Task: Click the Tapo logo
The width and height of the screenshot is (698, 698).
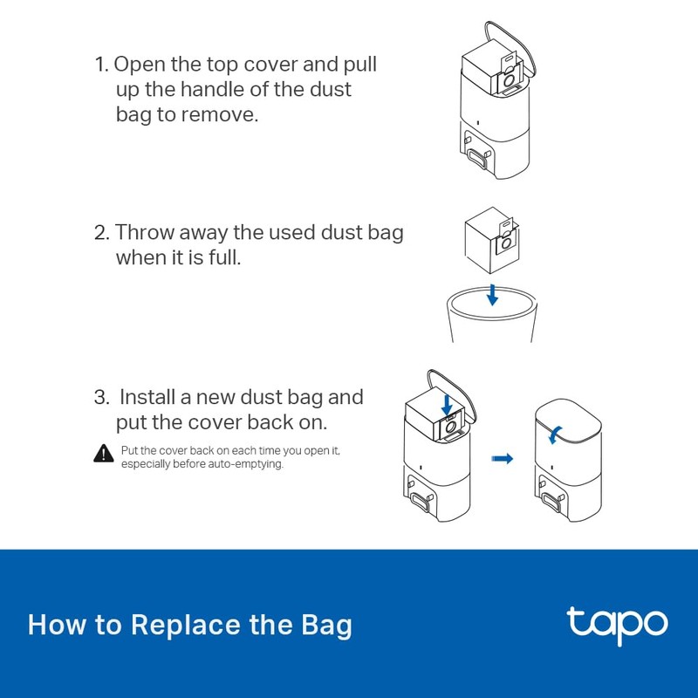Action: point(617,624)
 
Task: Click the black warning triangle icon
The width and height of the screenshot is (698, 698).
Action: point(103,453)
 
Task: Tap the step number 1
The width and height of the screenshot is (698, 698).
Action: point(99,65)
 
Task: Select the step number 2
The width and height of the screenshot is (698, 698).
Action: point(100,233)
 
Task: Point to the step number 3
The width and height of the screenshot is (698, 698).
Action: point(101,397)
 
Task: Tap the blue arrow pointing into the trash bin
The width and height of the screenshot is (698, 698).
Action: point(492,294)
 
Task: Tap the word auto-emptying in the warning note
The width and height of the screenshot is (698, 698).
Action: point(252,464)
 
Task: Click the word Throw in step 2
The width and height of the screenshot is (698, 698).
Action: point(145,233)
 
